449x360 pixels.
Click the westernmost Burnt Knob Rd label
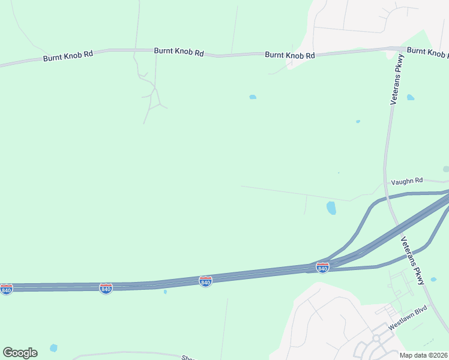click(x=68, y=56)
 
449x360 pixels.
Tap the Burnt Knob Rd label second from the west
click(x=179, y=52)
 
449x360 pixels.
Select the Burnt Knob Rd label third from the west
click(x=290, y=55)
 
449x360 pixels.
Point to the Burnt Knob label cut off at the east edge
click(x=427, y=52)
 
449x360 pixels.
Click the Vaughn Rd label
click(x=407, y=181)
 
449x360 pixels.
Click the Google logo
click(x=20, y=353)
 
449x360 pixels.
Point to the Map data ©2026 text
click(x=423, y=355)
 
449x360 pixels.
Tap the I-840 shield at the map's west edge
click(x=6, y=289)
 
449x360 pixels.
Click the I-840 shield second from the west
click(x=106, y=289)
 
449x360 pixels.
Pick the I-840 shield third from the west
click(x=205, y=281)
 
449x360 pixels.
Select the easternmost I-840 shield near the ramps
click(x=322, y=268)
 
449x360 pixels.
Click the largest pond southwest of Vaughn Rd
click(x=331, y=208)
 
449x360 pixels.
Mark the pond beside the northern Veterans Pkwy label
click(x=411, y=97)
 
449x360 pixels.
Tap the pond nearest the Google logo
click(x=54, y=347)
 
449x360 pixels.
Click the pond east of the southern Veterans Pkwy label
click(x=434, y=278)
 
